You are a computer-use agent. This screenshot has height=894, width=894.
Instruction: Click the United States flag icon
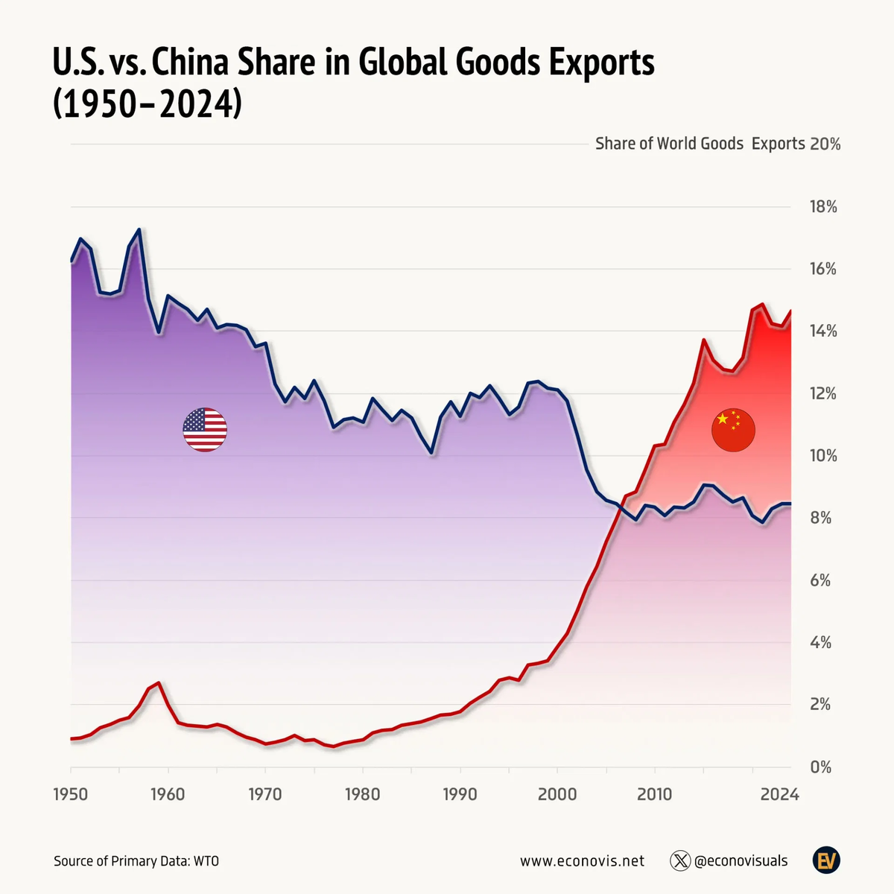pos(205,430)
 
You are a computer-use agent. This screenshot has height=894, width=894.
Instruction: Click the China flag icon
pos(733,430)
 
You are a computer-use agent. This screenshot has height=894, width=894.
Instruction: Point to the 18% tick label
pos(823,207)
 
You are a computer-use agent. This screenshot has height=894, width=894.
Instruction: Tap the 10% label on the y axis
pos(823,456)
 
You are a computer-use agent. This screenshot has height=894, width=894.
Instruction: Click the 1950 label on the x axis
pos(72,795)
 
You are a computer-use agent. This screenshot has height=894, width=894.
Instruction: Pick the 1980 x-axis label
pos(363,795)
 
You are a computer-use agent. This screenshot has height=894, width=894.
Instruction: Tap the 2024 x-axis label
pos(779,795)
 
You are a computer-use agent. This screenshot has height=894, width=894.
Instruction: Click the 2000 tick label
pos(557,795)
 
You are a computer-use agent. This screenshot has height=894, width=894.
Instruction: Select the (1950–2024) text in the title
pos(148,104)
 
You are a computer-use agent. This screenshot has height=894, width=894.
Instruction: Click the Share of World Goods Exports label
pos(700,144)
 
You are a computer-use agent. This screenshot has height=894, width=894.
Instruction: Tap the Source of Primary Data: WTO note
pos(136,861)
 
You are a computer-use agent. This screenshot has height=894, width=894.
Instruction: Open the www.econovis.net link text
pos(582,861)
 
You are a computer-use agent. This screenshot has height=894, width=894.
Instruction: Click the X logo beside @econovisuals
pos(680,861)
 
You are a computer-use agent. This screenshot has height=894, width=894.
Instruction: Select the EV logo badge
pos(826,861)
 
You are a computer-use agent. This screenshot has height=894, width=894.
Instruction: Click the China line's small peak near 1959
pos(159,683)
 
